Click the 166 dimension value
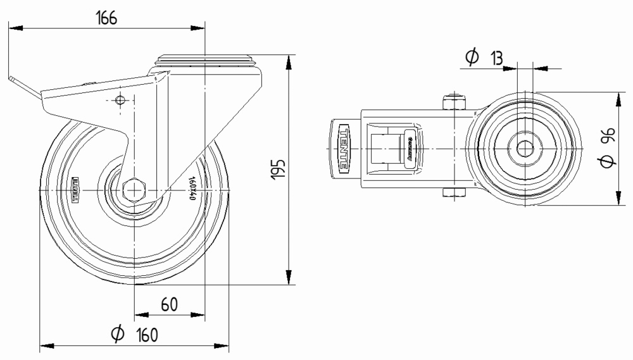tap(106, 18)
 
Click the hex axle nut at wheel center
tap(135, 189)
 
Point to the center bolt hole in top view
tap(524, 149)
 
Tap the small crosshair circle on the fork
tap(121, 100)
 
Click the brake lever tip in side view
tap(13, 79)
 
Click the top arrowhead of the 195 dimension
tap(289, 61)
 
